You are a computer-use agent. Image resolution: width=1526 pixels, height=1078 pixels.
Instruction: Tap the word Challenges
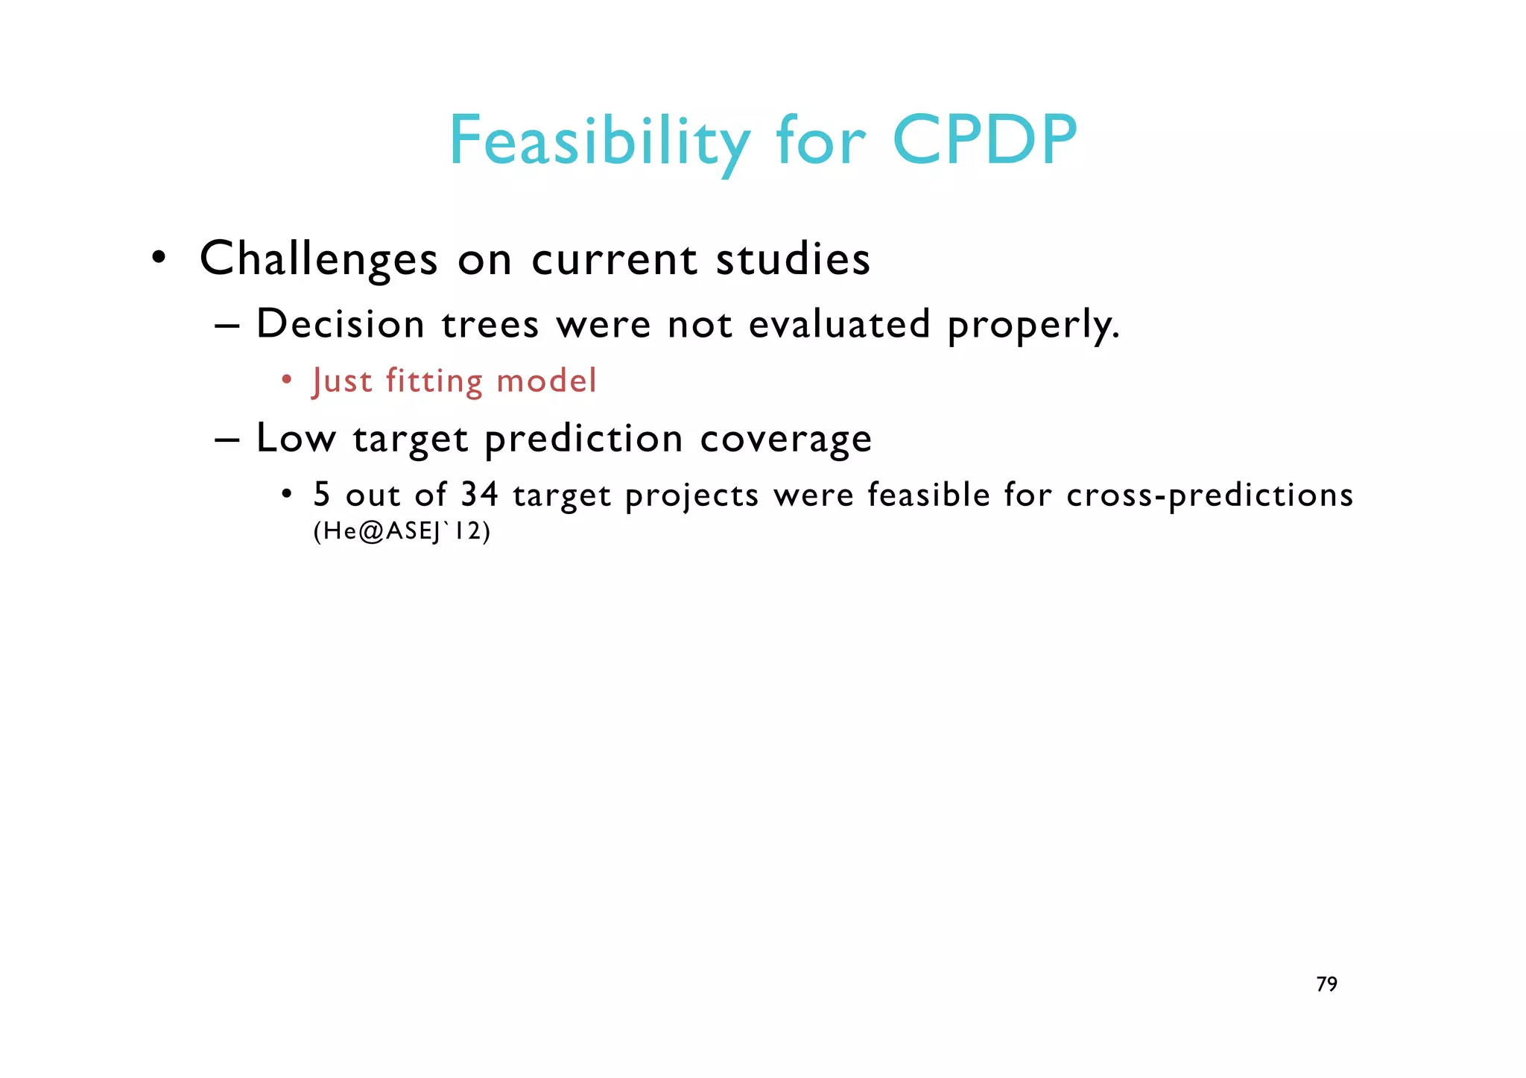click(x=318, y=259)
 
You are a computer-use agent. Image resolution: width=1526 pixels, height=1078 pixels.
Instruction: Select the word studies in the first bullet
click(x=793, y=259)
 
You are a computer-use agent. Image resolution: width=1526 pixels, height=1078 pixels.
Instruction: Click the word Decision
click(x=340, y=325)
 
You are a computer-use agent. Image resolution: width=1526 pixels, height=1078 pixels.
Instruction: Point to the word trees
click(x=490, y=325)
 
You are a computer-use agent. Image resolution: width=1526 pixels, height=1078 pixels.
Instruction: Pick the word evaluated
click(x=839, y=325)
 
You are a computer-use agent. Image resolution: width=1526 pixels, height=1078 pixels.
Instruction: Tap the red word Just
click(x=342, y=381)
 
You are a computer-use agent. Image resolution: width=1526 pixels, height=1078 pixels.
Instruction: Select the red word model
click(x=546, y=381)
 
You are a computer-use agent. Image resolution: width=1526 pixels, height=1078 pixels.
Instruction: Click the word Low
click(x=295, y=438)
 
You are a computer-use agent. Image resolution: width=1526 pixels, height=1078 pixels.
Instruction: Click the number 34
click(x=479, y=495)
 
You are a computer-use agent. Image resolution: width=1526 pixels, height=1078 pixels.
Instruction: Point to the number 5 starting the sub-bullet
click(x=321, y=495)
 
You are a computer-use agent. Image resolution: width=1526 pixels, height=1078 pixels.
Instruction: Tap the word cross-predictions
click(x=1209, y=495)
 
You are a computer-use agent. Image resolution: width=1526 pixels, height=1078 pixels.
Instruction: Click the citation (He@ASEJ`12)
click(x=402, y=532)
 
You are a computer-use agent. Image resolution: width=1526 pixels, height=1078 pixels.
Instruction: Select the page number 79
click(x=1326, y=984)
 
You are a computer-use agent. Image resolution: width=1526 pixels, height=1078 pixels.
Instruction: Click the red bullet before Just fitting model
click(x=286, y=381)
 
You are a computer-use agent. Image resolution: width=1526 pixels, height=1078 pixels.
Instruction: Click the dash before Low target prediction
click(x=226, y=440)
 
